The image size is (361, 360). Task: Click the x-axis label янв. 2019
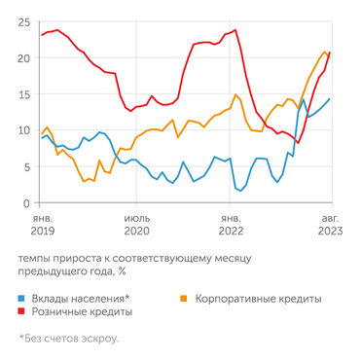coord(42,225)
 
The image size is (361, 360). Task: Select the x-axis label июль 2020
coord(136,225)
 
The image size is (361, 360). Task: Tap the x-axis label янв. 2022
coord(232,225)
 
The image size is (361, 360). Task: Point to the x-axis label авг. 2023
coord(328,225)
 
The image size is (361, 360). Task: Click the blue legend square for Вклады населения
coord(22,298)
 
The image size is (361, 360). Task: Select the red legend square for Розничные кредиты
coord(22,312)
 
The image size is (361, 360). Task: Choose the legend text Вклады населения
coord(82,298)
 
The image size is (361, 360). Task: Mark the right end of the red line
coord(330,53)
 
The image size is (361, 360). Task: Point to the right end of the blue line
coord(330,98)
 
